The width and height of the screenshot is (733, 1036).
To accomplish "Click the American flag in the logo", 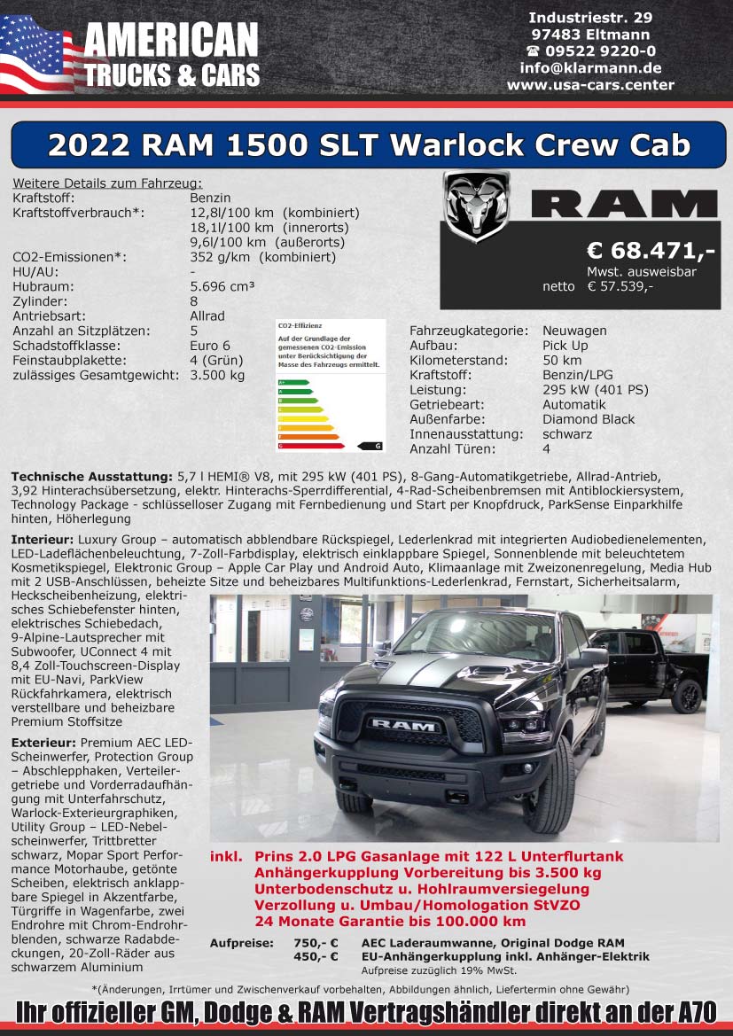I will (37, 55).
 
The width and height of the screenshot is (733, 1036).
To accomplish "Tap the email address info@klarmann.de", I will (590, 67).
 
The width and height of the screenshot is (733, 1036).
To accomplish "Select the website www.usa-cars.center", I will (590, 85).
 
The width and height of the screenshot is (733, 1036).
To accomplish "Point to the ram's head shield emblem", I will (476, 206).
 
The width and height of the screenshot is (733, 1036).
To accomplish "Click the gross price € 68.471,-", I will (651, 252).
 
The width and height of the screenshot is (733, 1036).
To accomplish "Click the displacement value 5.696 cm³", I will (222, 287).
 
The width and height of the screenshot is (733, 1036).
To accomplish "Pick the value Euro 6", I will (210, 346).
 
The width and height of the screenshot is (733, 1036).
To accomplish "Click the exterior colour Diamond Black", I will (589, 419).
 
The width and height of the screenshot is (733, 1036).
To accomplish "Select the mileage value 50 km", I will (562, 361).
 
